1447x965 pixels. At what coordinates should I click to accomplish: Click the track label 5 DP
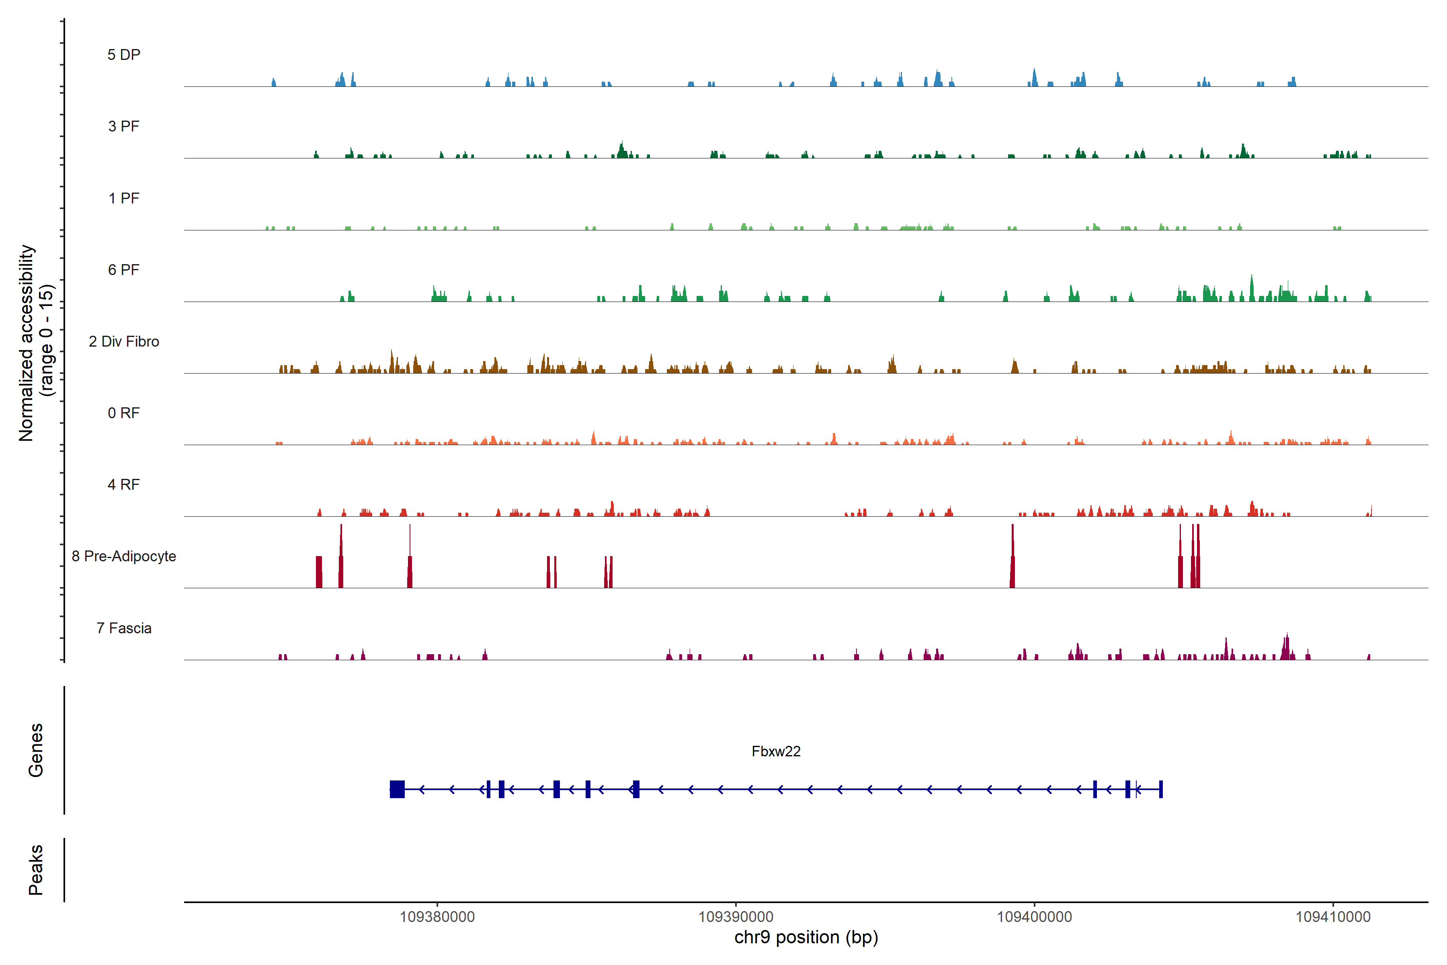tap(124, 55)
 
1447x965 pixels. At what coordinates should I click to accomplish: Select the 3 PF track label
tap(124, 126)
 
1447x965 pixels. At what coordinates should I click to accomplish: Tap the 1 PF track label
tap(124, 198)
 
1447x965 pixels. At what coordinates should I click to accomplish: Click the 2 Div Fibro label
tap(124, 341)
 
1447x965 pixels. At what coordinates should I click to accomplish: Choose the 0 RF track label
tap(124, 413)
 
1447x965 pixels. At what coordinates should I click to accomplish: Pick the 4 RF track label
tap(124, 485)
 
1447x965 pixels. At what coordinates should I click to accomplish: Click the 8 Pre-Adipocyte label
tap(124, 556)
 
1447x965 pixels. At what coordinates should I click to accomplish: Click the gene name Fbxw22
tap(776, 751)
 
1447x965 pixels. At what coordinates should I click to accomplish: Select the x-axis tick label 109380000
tap(437, 917)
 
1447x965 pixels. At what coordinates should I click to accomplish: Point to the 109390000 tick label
tap(736, 917)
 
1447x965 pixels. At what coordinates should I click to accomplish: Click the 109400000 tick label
tap(1034, 917)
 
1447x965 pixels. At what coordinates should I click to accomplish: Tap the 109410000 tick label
tap(1333, 917)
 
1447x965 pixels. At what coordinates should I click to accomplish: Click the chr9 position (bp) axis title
tap(806, 937)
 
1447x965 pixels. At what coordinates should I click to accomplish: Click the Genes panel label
tap(36, 750)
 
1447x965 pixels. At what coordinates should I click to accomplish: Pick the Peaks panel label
tap(36, 870)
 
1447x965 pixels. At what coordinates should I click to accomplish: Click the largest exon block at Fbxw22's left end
tap(398, 789)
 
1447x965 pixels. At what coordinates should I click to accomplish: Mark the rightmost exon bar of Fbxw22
tap(1161, 789)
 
